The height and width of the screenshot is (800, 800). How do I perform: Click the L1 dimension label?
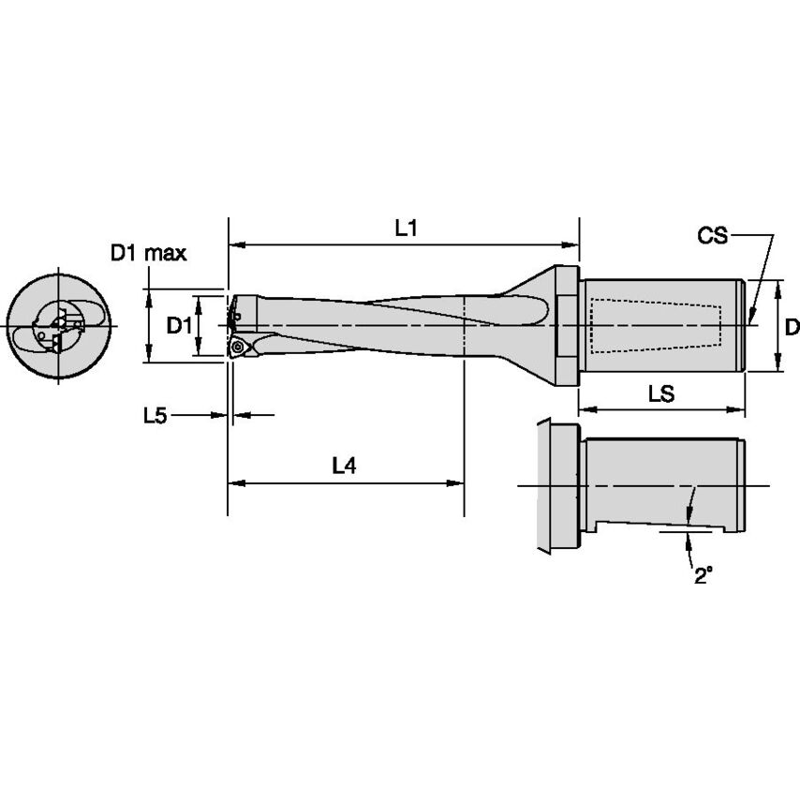click(x=405, y=228)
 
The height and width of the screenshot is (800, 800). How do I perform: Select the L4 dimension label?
click(x=344, y=465)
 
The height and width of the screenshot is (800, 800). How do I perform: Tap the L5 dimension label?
click(x=156, y=415)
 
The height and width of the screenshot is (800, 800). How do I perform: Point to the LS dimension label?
click(x=661, y=394)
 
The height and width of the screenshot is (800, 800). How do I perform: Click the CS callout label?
click(x=712, y=235)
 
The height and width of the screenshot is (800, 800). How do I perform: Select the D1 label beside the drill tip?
click(x=179, y=325)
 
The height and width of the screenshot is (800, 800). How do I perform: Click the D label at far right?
click(x=792, y=327)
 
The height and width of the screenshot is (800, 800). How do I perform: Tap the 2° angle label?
click(x=703, y=576)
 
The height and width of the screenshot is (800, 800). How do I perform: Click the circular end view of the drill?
click(x=58, y=325)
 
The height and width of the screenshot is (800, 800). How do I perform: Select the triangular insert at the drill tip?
click(x=241, y=348)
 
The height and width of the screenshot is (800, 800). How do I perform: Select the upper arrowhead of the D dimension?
click(x=778, y=286)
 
